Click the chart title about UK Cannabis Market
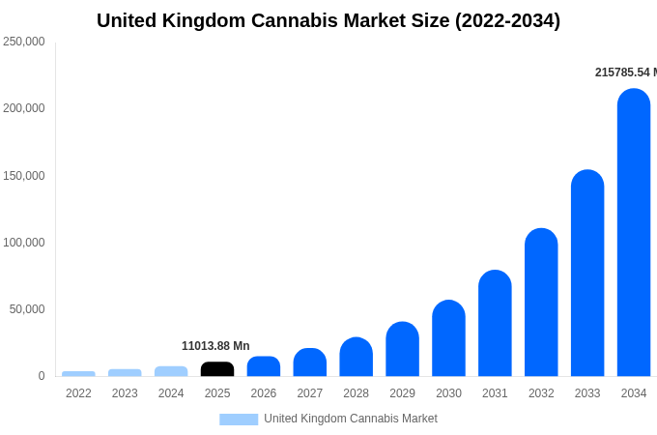tap(328, 20)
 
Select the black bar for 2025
tap(217, 369)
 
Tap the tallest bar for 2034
tap(634, 233)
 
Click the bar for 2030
tap(448, 338)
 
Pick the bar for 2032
tap(541, 303)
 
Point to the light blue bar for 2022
tap(78, 373)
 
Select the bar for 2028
tap(356, 357)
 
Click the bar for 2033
tap(587, 274)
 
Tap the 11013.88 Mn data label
tap(215, 346)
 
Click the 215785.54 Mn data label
tap(625, 72)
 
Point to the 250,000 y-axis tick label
tap(24, 42)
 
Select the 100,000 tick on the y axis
tap(24, 243)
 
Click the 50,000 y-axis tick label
tap(27, 309)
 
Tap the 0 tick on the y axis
tap(42, 376)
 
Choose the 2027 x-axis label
tap(310, 393)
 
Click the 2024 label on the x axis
tap(171, 393)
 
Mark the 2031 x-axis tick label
tap(495, 393)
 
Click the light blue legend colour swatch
tap(239, 420)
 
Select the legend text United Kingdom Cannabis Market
tap(351, 419)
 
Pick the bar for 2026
tap(264, 366)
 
